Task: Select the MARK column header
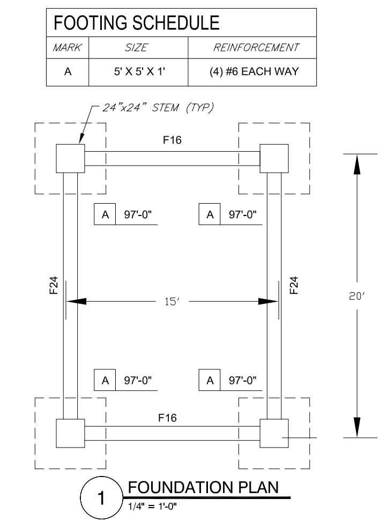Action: point(68,48)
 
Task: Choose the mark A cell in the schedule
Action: point(68,71)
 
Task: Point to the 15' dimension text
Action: point(173,302)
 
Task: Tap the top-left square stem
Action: point(70,158)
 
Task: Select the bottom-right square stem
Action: point(274,433)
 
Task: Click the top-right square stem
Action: point(274,158)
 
